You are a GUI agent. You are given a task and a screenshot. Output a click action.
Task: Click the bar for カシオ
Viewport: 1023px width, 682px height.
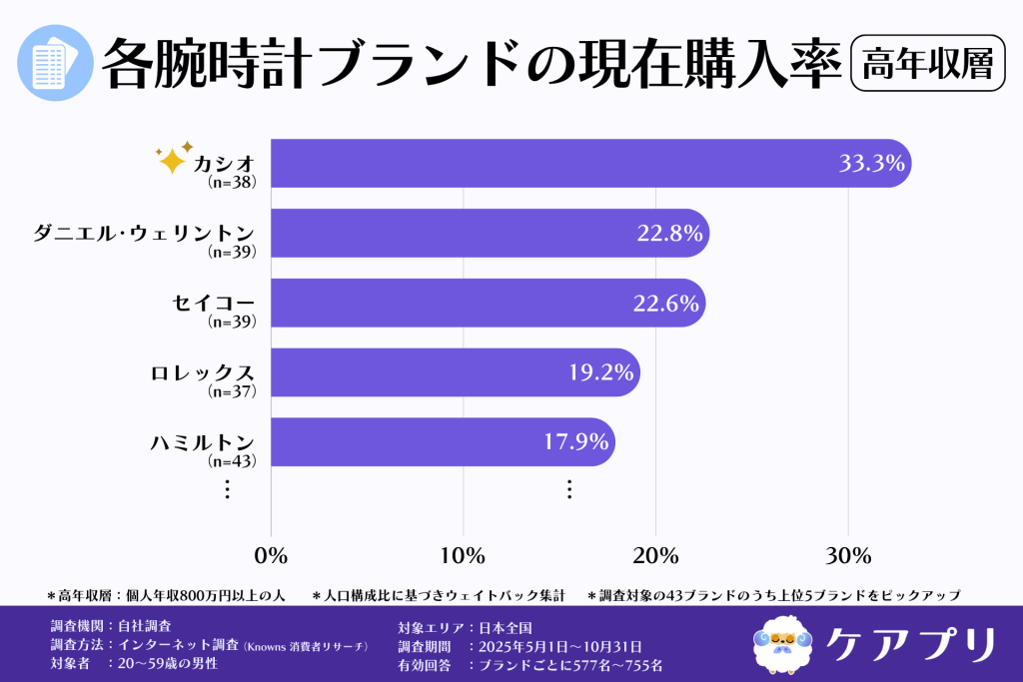pyautogui.click(x=549, y=163)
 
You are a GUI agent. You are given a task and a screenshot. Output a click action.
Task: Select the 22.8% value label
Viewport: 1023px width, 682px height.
pyautogui.click(x=669, y=234)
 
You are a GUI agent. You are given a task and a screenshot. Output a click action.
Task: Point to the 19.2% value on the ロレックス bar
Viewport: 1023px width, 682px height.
pyautogui.click(x=601, y=372)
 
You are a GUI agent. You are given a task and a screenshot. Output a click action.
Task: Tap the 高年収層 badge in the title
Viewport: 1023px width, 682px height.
pyautogui.click(x=926, y=63)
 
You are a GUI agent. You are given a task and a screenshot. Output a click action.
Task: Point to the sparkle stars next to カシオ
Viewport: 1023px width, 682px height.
pyautogui.click(x=173, y=157)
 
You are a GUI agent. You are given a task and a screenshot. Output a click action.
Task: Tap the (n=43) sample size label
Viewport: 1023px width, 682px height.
pyautogui.click(x=232, y=461)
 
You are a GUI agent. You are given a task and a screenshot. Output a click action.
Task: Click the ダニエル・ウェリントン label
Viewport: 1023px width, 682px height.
pyautogui.click(x=144, y=233)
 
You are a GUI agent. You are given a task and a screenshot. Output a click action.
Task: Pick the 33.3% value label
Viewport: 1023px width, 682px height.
pyautogui.click(x=871, y=164)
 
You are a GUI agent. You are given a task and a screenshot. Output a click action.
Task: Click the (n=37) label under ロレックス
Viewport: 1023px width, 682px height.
pyautogui.click(x=232, y=391)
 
